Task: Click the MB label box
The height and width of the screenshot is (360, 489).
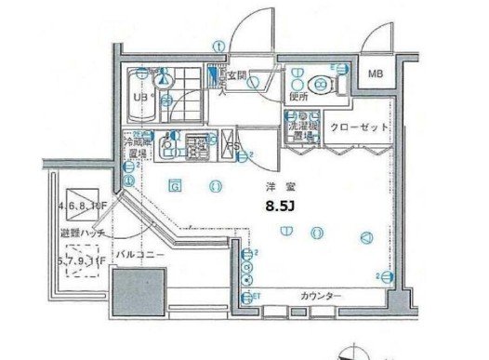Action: [x=376, y=74]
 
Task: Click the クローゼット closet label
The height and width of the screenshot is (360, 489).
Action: [x=357, y=127]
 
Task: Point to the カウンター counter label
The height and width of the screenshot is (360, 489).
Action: [x=321, y=297]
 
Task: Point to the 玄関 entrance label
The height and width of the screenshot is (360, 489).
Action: [x=237, y=76]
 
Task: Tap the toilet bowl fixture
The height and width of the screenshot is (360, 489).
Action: [x=321, y=84]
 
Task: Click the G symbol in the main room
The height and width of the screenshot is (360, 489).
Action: [x=174, y=185]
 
